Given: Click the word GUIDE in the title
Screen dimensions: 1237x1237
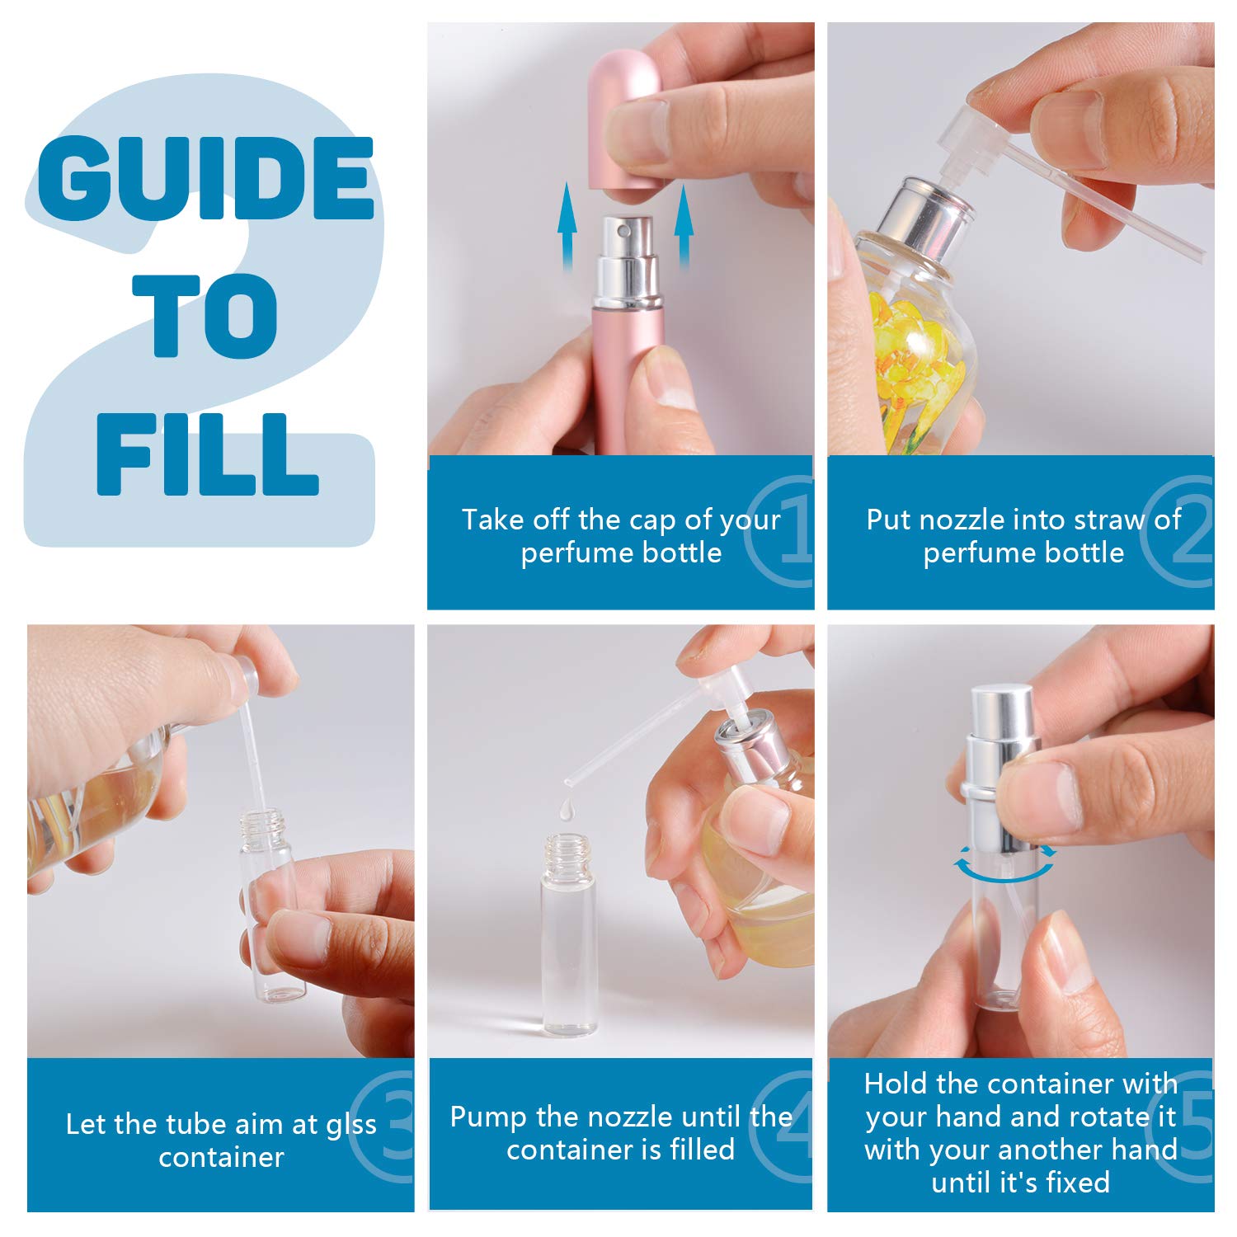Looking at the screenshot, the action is click(206, 178).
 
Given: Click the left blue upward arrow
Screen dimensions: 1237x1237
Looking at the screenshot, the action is click(567, 228).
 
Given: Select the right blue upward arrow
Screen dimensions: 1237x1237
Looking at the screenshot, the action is click(684, 228).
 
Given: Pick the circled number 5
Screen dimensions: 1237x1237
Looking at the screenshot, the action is click(1196, 1123).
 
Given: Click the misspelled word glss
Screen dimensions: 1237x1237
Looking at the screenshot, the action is click(351, 1125).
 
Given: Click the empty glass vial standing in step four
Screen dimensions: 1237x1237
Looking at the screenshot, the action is click(568, 934).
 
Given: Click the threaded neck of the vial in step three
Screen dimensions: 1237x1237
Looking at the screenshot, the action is click(262, 825).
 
